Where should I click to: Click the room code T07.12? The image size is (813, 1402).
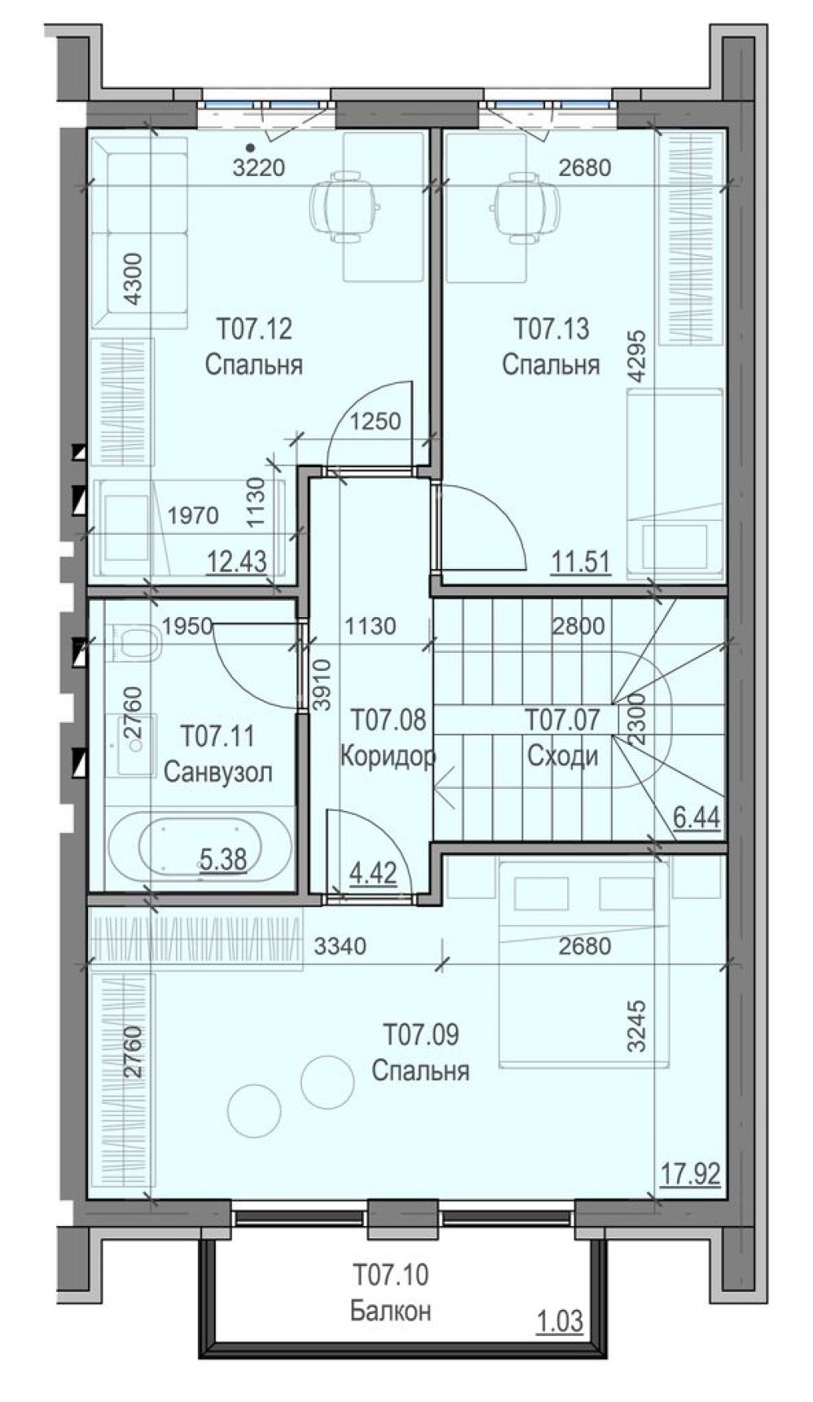(255, 330)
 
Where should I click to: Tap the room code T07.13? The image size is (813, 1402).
(552, 330)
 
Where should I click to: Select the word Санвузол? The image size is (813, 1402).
(218, 771)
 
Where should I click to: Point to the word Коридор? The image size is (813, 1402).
(387, 756)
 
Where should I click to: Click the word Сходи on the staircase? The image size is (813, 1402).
(562, 756)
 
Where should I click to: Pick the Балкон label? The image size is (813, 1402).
(391, 1311)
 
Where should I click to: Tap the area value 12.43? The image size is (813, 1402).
(237, 561)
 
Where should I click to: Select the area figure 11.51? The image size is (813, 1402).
(580, 561)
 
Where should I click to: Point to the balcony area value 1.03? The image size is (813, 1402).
(559, 1321)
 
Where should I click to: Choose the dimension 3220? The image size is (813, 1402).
(258, 168)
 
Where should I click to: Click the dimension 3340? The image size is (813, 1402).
(340, 946)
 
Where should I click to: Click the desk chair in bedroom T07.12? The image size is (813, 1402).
(344, 208)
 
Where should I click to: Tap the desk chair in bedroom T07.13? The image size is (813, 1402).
(525, 208)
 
